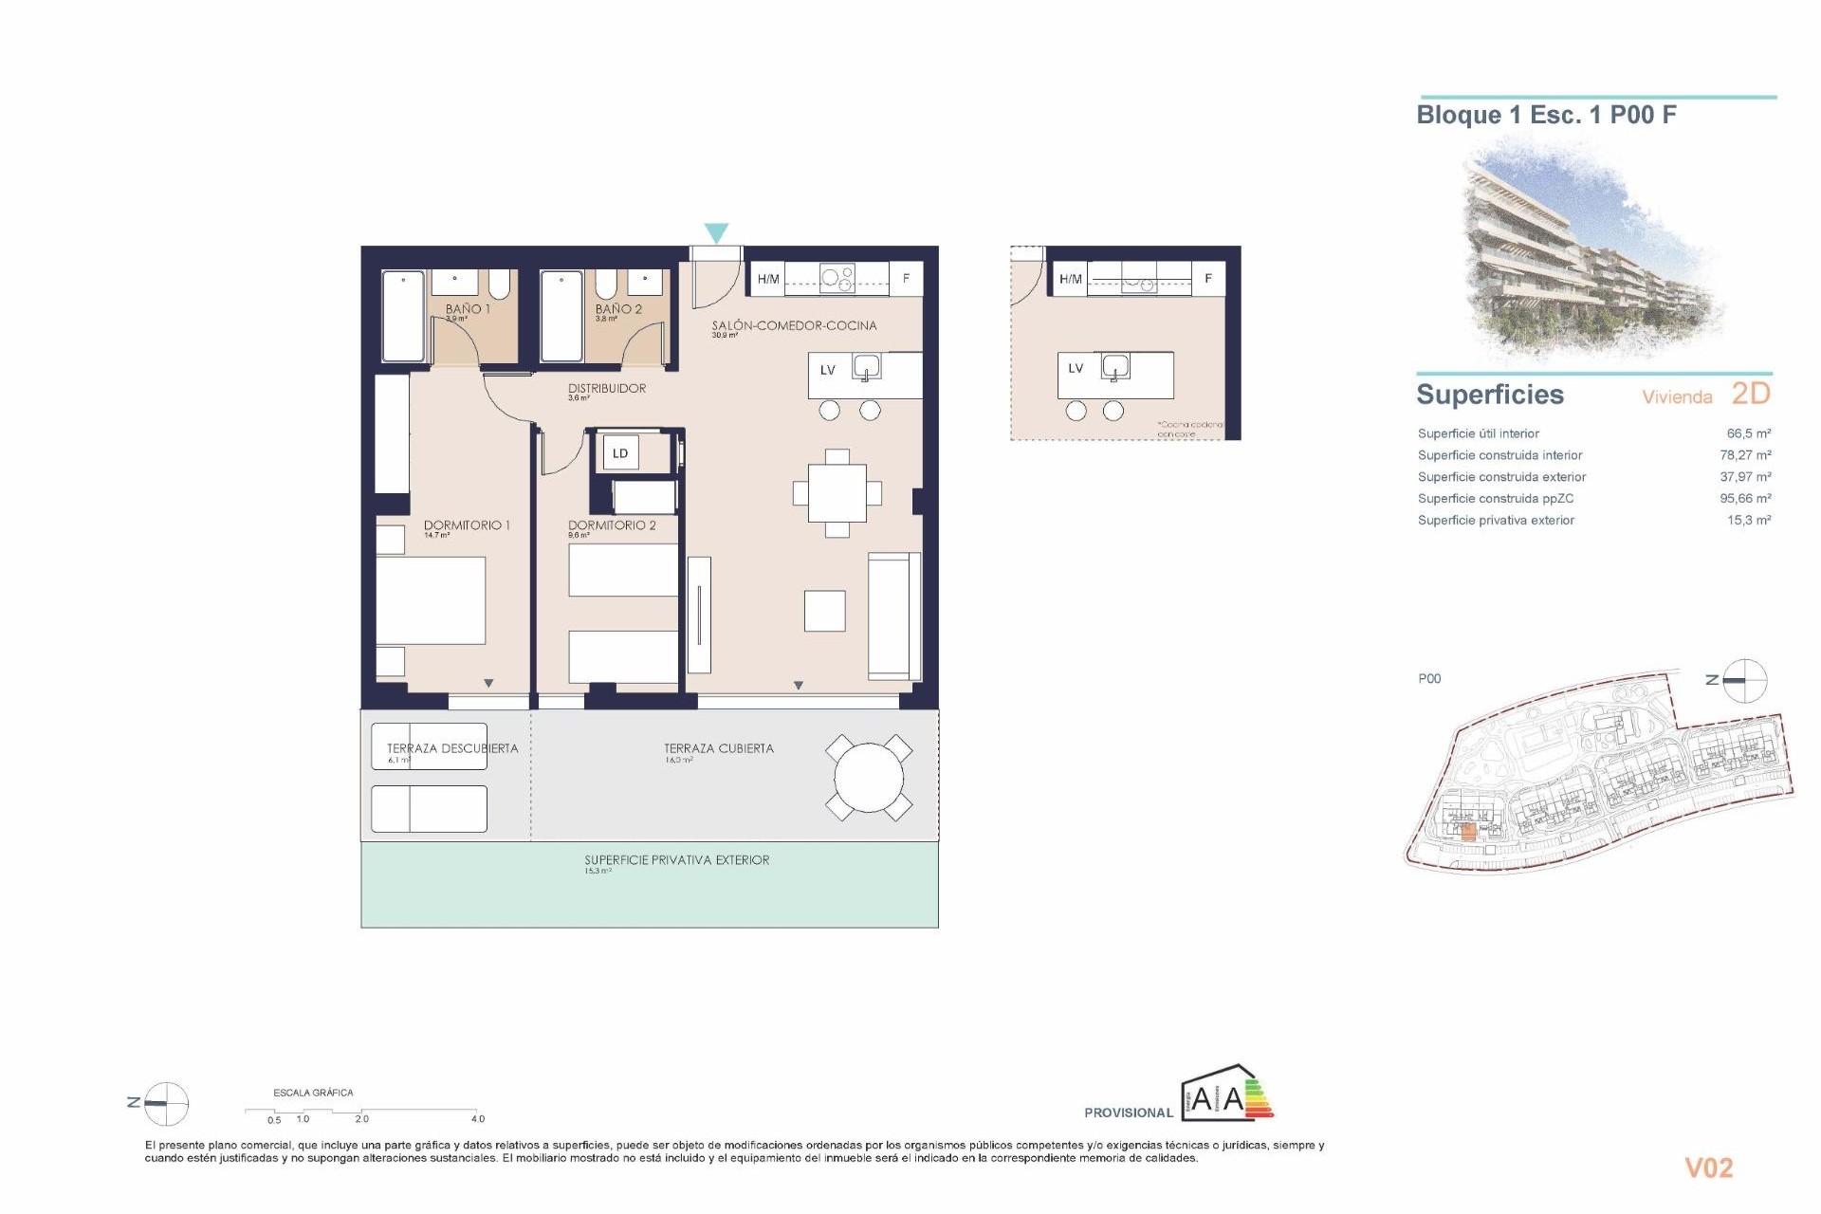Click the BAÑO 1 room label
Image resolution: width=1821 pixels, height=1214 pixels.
(x=468, y=309)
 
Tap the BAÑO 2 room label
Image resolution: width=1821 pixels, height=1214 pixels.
(x=618, y=309)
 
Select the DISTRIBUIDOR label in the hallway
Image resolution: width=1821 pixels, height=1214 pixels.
(x=607, y=388)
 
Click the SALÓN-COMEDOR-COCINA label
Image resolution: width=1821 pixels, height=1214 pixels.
(x=794, y=325)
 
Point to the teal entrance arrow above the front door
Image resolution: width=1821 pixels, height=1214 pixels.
(x=716, y=232)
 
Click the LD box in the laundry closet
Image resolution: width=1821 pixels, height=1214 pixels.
(x=620, y=453)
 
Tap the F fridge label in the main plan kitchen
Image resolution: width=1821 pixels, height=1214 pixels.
(x=906, y=278)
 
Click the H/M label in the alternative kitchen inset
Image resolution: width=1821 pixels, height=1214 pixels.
(x=1070, y=279)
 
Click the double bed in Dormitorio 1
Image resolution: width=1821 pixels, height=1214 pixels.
(x=431, y=600)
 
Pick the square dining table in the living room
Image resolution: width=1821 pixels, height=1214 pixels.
(x=837, y=493)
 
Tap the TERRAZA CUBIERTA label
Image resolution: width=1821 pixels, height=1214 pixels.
(x=719, y=748)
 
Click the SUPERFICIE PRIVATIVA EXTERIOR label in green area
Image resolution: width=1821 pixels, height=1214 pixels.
(x=676, y=860)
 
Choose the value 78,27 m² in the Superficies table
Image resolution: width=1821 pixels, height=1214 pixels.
(x=1745, y=455)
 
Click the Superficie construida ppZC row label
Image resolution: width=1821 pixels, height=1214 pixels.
(x=1495, y=498)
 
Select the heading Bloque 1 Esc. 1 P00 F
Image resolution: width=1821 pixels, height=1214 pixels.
(x=1546, y=115)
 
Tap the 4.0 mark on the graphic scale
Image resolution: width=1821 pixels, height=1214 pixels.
(x=477, y=1118)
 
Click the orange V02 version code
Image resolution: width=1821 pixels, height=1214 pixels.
(x=1708, y=1168)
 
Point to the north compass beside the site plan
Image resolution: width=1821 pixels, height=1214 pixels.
(x=1743, y=680)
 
